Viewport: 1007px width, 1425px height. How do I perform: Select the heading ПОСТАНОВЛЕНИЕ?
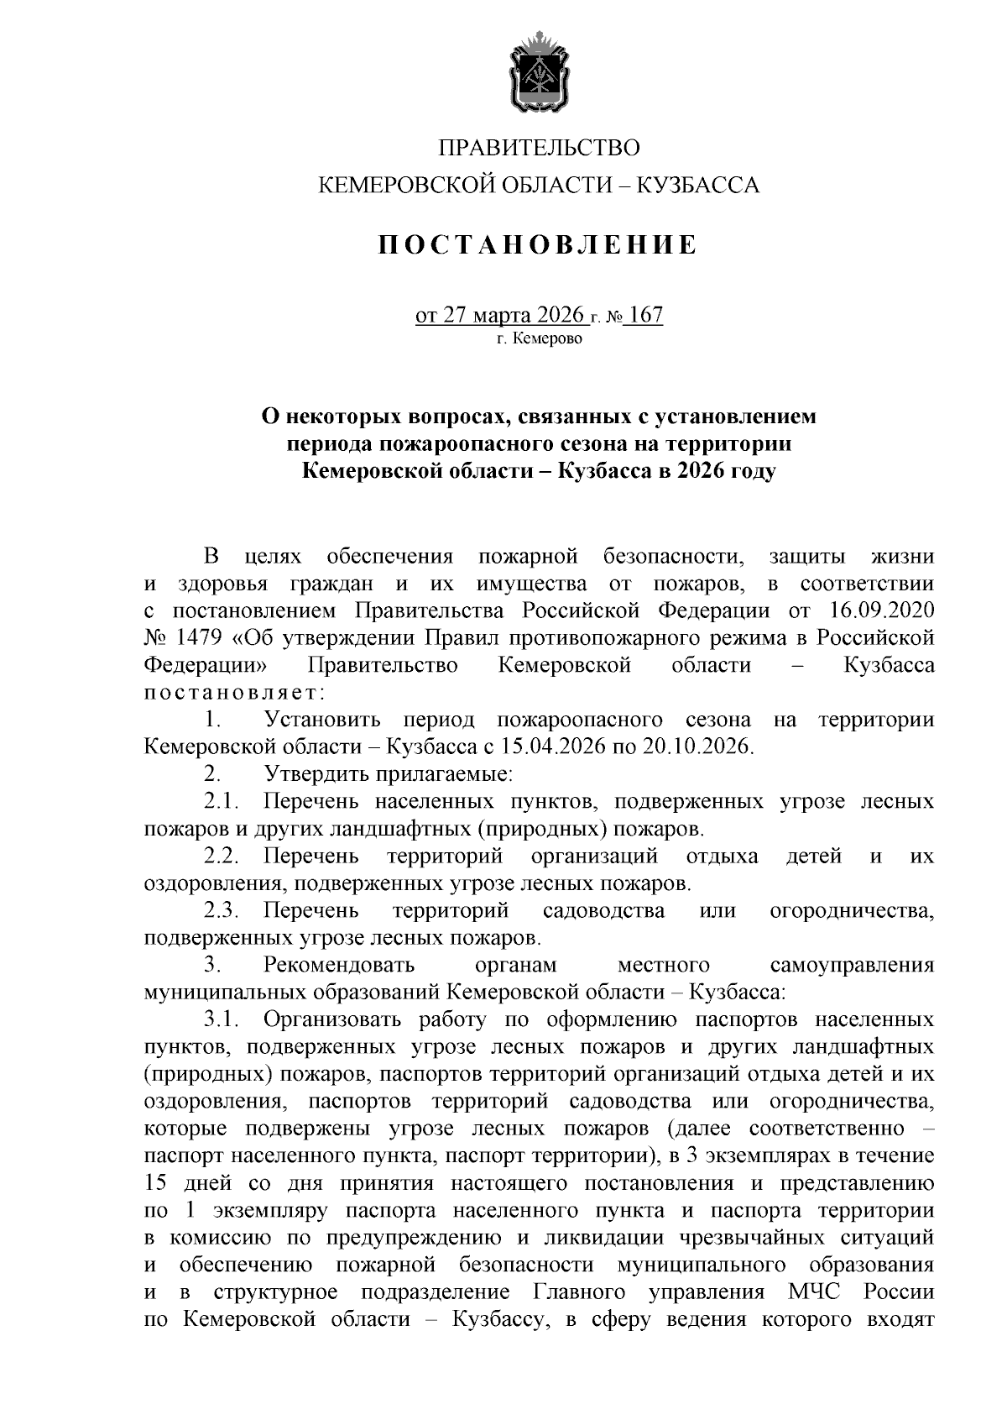click(539, 245)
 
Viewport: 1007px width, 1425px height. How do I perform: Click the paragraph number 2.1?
click(222, 801)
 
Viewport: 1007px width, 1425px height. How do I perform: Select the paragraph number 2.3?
click(222, 910)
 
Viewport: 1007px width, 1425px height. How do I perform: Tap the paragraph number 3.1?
click(222, 1019)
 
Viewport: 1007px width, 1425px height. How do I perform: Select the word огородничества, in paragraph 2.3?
click(851, 910)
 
